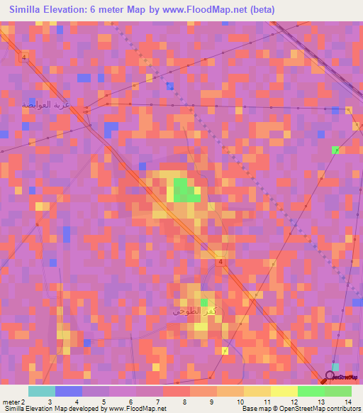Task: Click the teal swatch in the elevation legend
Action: click(42, 391)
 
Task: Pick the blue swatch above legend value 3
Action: click(69, 391)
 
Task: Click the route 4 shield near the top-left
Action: click(24, 57)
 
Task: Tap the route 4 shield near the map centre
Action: click(221, 262)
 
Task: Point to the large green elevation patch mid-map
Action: click(184, 190)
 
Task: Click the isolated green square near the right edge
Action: click(335, 150)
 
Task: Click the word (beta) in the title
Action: click(259, 10)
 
